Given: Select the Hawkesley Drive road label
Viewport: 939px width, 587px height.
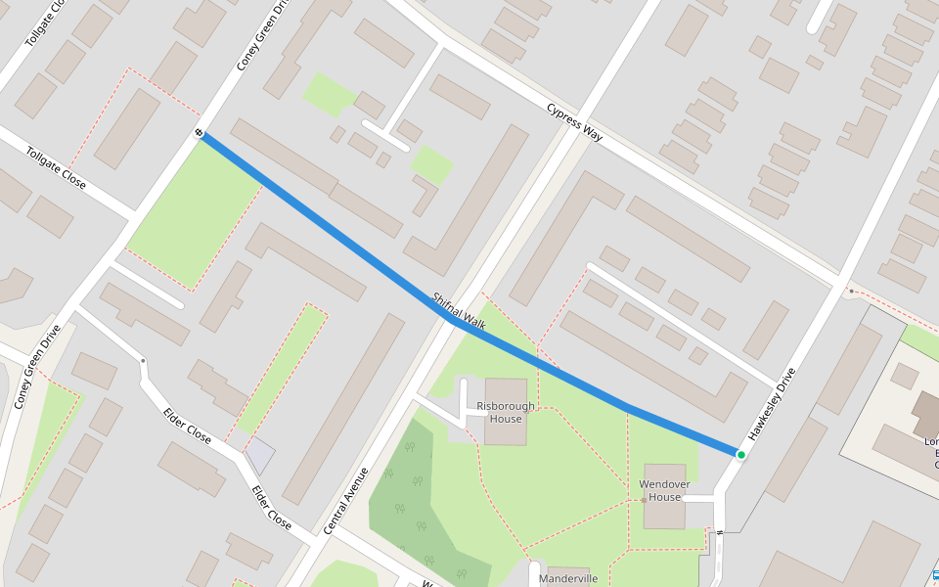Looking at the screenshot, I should pyautogui.click(x=772, y=403).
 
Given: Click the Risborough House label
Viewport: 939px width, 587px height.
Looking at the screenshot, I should pyautogui.click(x=506, y=412).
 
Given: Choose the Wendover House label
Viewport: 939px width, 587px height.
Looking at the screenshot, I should pyautogui.click(x=664, y=490).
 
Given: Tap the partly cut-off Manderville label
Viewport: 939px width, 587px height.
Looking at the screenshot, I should pyautogui.click(x=568, y=578).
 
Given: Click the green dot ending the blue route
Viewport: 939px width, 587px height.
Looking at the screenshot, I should pyautogui.click(x=741, y=455).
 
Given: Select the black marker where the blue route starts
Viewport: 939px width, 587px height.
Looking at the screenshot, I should pyautogui.click(x=199, y=132).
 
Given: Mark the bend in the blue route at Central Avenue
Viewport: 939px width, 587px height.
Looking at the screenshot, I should pyautogui.click(x=449, y=318).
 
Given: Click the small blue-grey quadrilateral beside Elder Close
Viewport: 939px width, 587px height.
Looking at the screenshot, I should pyautogui.click(x=259, y=454).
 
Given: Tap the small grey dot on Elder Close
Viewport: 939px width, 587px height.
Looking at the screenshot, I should pyautogui.click(x=143, y=362).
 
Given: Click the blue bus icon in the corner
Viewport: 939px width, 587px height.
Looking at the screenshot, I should pyautogui.click(x=934, y=576).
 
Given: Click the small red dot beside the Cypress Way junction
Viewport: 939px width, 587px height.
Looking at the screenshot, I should pyautogui.click(x=852, y=291).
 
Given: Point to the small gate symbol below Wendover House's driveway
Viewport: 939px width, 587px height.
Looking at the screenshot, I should pyautogui.click(x=719, y=532).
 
